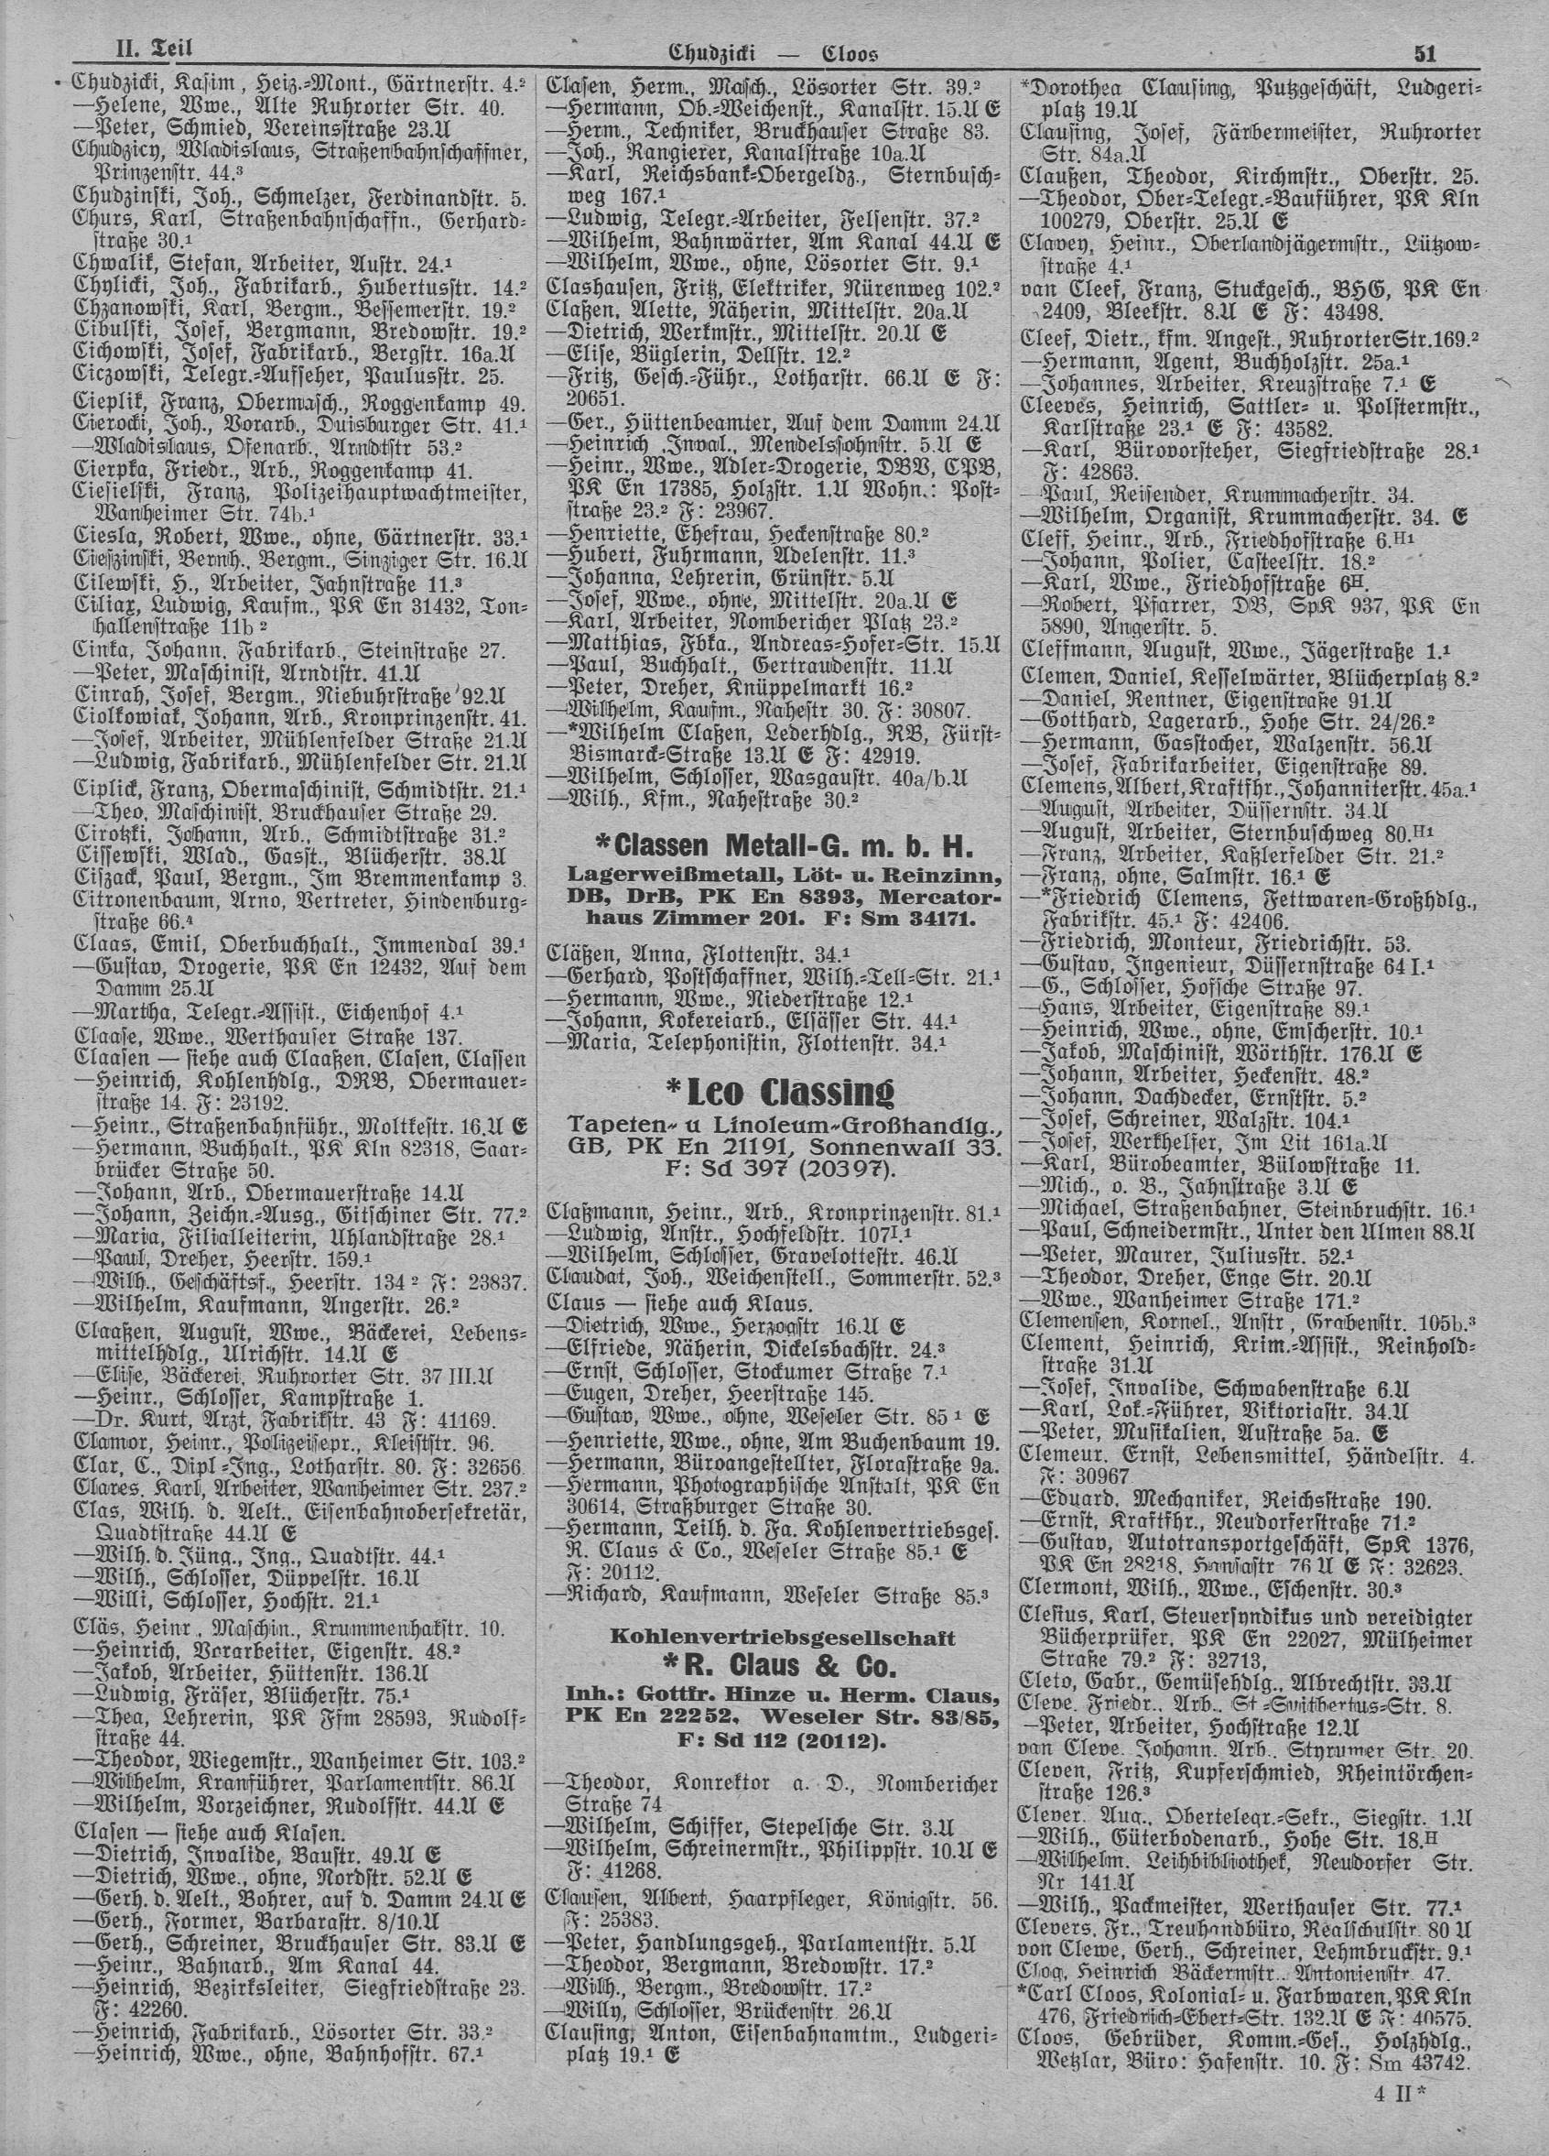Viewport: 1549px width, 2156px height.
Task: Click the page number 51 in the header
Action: [1424, 54]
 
